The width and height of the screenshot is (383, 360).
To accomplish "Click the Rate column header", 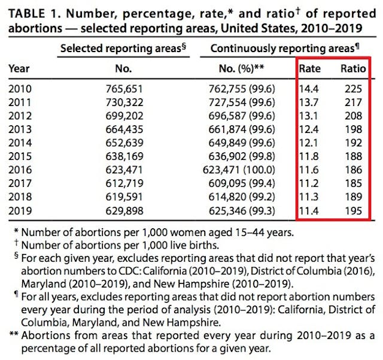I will click(x=310, y=69).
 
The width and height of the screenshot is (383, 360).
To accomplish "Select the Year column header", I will click(x=19, y=69).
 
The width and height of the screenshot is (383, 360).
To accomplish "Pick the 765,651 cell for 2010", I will click(x=123, y=89).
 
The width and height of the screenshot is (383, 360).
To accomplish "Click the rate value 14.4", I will click(x=309, y=89).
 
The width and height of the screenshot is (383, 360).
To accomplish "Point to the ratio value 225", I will click(x=352, y=89).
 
